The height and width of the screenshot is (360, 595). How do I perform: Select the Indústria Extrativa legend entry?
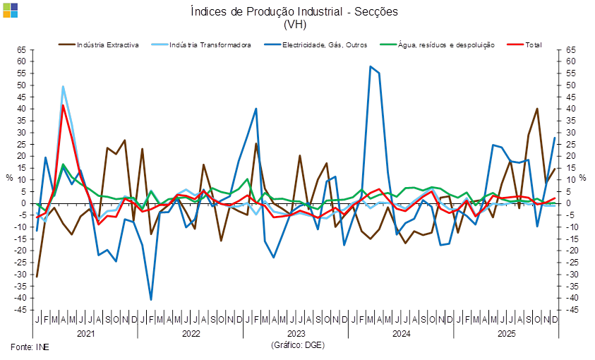[99, 44]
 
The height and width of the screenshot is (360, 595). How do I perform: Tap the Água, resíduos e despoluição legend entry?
[438, 44]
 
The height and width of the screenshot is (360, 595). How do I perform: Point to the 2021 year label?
[85, 332]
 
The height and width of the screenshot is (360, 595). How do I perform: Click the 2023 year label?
[296, 332]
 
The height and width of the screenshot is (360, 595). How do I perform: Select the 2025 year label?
[506, 332]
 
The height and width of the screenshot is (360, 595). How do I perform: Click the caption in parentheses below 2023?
[297, 345]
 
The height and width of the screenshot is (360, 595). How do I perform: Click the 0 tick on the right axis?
[570, 203]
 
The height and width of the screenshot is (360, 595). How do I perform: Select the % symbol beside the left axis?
[10, 177]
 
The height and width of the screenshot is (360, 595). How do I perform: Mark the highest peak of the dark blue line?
[371, 66]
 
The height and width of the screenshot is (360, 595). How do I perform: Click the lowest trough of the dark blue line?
[151, 300]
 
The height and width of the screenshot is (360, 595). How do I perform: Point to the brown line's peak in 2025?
[538, 109]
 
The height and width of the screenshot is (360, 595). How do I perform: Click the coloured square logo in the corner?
[10, 10]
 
